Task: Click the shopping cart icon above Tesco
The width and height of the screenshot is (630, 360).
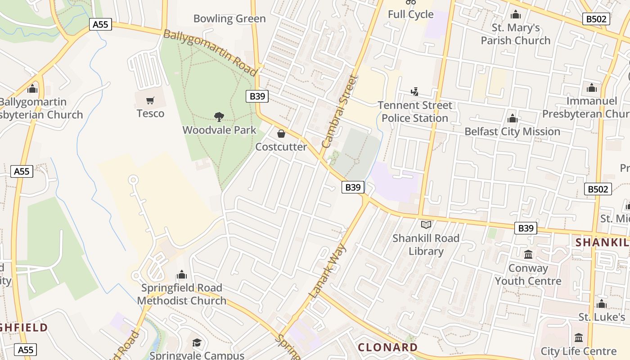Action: tap(150, 100)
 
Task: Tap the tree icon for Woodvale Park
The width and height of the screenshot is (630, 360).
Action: tap(219, 117)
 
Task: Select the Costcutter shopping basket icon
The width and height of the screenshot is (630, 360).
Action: tap(281, 134)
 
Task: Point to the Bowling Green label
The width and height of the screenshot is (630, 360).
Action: tap(229, 19)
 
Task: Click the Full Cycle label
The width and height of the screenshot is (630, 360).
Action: tap(411, 14)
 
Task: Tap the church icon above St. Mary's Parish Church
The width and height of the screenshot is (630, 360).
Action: tap(516, 15)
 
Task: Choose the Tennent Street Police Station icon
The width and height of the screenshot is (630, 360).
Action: tap(414, 92)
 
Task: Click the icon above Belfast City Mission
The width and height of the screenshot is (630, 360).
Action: tap(512, 119)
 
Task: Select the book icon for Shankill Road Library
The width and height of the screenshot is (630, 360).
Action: tap(426, 225)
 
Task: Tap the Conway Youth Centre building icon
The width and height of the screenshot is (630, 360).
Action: tap(528, 255)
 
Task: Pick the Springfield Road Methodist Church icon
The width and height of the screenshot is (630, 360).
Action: tap(182, 274)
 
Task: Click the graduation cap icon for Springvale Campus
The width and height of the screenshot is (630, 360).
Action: tap(197, 343)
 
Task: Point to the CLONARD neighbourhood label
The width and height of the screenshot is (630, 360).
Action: tap(388, 347)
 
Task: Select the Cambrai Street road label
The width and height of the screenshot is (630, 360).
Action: tap(340, 112)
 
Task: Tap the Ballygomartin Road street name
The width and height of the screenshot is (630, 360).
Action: tap(210, 52)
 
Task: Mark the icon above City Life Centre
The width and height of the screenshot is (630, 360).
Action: tap(579, 338)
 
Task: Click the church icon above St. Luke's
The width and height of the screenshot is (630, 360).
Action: tap(602, 304)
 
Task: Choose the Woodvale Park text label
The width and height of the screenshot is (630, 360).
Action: tap(219, 130)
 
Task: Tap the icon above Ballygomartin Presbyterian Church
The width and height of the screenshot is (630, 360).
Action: tap(32, 89)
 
